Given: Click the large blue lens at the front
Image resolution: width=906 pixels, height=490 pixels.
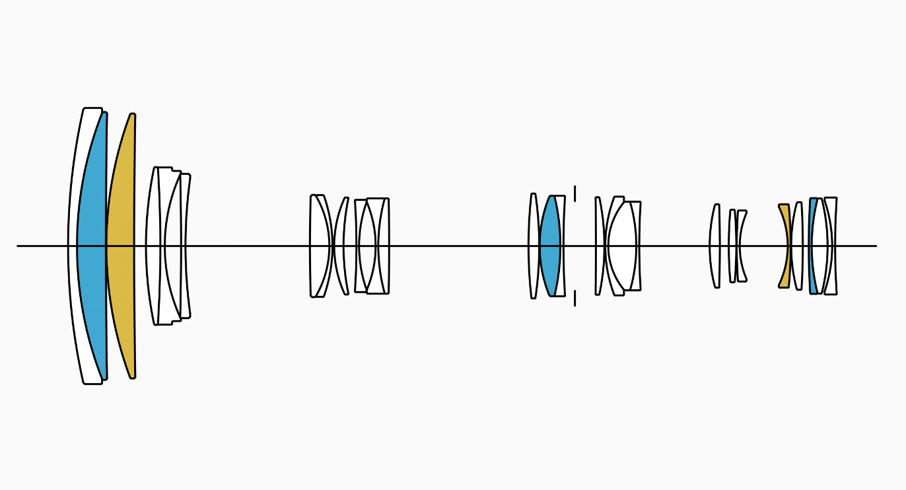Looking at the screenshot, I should coord(91,246).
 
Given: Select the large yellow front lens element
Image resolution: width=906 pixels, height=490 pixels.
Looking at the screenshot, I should coord(121,246).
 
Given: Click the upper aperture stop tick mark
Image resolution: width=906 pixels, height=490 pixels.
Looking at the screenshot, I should coord(575,193).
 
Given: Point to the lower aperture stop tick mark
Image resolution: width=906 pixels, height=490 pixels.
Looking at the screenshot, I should coord(575,298).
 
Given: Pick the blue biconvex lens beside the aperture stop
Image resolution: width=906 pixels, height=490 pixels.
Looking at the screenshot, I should coord(550,246).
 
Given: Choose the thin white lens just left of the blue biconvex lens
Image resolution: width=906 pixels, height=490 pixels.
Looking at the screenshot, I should coord(532,246).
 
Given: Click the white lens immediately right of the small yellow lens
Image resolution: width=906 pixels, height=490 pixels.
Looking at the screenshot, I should coord(798,246).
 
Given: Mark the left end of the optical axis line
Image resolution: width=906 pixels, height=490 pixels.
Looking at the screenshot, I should coord(18,246).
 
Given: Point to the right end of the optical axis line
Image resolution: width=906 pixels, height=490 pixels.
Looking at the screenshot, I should coord(876,246).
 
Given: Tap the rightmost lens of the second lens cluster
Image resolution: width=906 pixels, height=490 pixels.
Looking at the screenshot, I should coord(382,246).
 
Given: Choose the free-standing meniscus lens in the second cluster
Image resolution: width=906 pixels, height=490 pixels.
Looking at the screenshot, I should coord(341,246).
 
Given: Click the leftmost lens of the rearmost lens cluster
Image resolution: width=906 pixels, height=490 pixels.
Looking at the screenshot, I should coord(714,246).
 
